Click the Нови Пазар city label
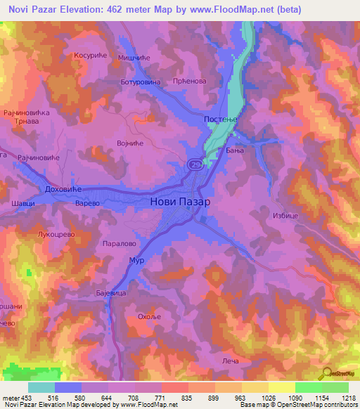(181, 201)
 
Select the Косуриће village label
(89, 54)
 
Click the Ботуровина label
(141, 82)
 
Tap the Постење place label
(221, 121)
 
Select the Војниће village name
(130, 143)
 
